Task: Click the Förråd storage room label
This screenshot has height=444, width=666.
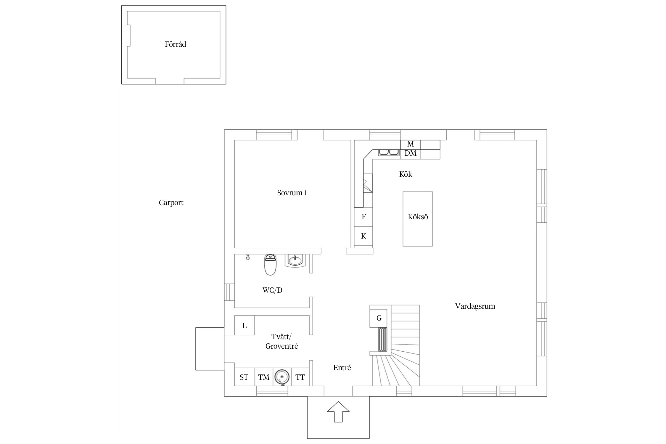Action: [175, 44]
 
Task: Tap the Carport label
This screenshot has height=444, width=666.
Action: [171, 203]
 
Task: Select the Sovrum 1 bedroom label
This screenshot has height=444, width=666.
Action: [292, 193]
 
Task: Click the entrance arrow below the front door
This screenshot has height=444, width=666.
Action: [338, 411]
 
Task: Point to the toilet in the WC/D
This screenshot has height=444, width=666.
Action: [270, 265]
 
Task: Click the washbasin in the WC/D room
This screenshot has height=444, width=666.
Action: [295, 260]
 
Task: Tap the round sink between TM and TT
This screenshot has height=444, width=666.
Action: [282, 377]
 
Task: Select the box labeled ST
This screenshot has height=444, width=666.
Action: [244, 377]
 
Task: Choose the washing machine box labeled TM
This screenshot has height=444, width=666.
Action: [264, 377]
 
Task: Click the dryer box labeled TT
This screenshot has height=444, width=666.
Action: [300, 377]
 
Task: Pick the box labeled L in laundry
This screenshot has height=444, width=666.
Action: [244, 325]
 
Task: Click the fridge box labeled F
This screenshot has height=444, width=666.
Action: [363, 217]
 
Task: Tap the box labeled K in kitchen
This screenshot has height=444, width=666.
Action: [363, 236]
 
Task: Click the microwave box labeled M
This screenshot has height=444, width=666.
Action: [410, 144]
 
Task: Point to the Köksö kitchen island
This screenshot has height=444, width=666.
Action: [418, 219]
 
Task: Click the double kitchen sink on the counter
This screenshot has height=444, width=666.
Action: [389, 152]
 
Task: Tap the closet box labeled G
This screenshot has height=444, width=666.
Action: [378, 318]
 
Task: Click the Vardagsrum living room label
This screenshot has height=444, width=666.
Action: [475, 306]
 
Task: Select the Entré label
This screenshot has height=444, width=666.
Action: [342, 368]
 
